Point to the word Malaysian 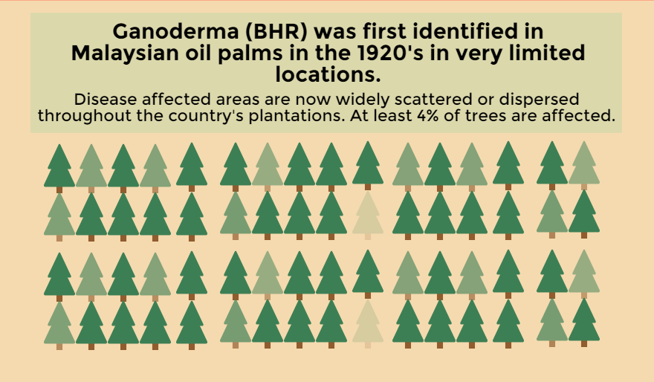point(125,54)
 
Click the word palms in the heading point(247,54)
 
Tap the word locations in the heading point(328,74)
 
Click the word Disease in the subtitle point(106,100)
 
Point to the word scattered point(433,100)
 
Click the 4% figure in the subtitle point(428,115)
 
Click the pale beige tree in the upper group point(367,216)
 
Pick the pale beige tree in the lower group point(367,324)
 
